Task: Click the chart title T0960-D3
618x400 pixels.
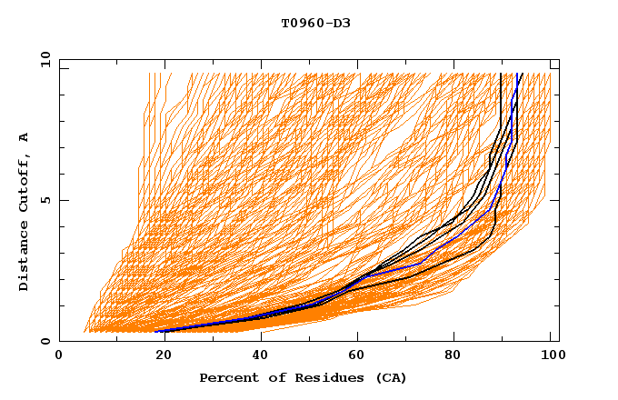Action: pos(315,23)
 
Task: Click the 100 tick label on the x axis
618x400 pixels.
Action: pos(551,357)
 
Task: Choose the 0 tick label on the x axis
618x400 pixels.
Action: pos(59,357)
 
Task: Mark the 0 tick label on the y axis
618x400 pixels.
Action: pos(45,342)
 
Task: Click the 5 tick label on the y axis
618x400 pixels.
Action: pos(45,200)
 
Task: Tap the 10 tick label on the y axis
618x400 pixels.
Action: pos(42,58)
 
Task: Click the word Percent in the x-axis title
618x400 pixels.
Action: pos(225,377)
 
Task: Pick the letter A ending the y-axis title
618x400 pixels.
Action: pos(25,137)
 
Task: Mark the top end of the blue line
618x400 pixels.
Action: pos(518,74)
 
